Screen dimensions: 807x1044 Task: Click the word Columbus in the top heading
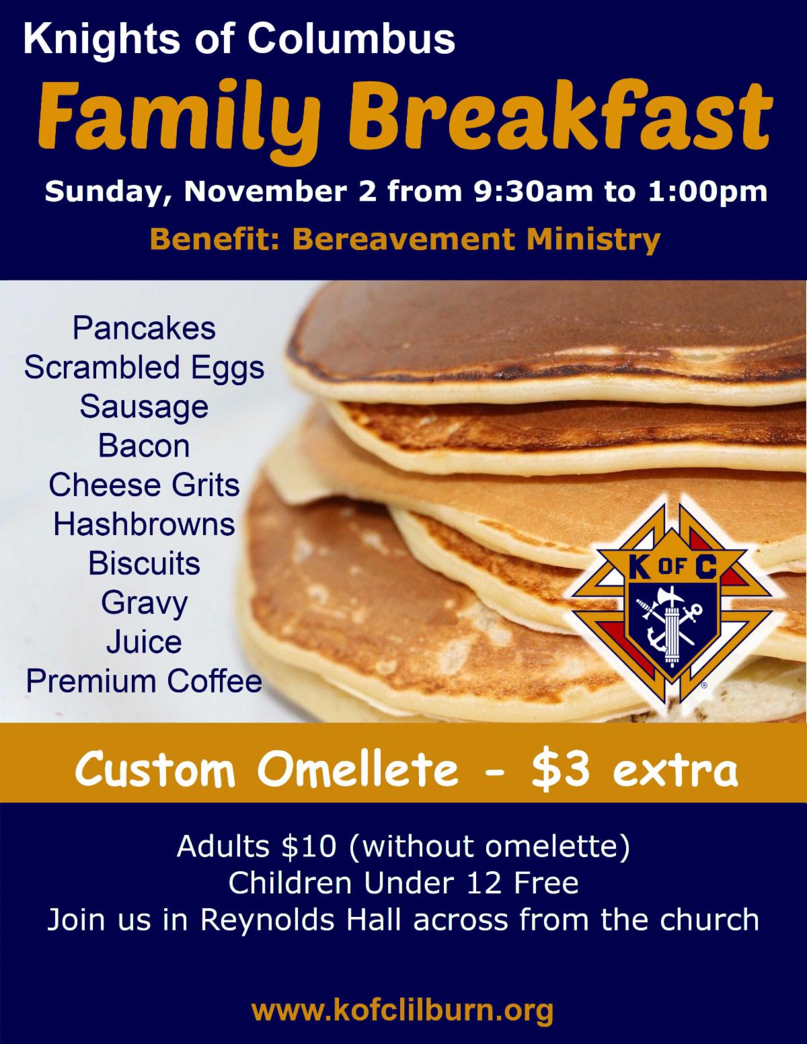(x=351, y=39)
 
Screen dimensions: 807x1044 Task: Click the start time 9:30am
(x=533, y=191)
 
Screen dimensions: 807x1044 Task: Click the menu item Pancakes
(x=144, y=329)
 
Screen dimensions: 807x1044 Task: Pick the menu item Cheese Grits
(x=144, y=485)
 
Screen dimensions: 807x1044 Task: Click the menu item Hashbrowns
(x=144, y=524)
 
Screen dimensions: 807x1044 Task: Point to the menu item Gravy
(x=144, y=604)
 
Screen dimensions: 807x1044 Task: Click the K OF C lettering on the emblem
(x=672, y=568)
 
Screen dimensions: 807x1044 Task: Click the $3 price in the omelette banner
(x=561, y=770)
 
